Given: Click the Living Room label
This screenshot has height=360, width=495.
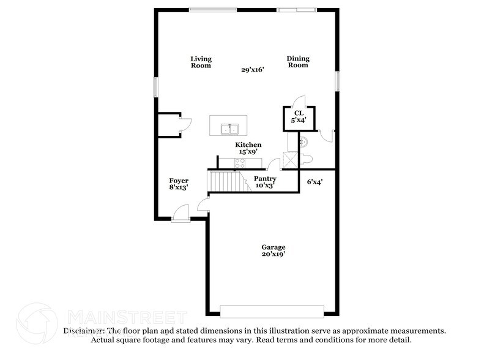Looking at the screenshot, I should click(200, 62).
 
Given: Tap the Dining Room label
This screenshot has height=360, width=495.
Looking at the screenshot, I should click(298, 62).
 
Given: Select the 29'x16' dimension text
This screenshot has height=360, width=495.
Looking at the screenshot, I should click(252, 70).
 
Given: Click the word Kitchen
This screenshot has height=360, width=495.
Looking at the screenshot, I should click(248, 145).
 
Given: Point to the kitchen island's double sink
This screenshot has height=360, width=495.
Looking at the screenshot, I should click(229, 129).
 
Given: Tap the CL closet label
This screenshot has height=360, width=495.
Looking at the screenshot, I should click(299, 113).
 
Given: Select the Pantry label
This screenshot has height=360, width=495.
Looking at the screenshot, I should click(265, 178).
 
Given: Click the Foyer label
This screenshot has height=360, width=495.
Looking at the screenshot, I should click(179, 181).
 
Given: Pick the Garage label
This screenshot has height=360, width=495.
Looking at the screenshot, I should click(273, 247).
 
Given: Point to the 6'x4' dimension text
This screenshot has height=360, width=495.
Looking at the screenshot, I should click(314, 181).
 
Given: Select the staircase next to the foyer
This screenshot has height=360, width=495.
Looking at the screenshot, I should click(228, 181).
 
